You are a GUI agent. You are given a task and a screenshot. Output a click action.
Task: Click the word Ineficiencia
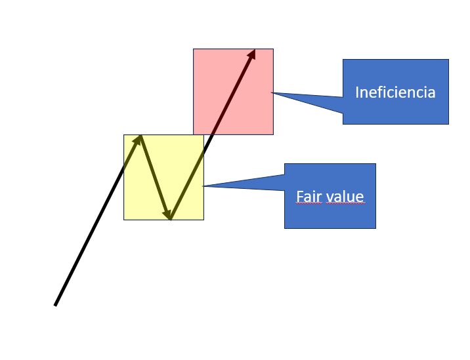[x=395, y=92]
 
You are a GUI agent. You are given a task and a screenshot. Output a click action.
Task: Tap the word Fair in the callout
[x=308, y=197]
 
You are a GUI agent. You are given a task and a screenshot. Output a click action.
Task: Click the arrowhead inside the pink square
[x=251, y=54]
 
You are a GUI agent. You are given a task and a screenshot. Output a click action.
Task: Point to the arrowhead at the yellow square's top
[x=139, y=138]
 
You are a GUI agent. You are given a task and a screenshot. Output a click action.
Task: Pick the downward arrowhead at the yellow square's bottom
[x=169, y=214]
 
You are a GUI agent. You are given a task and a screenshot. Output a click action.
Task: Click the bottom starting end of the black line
[x=55, y=305]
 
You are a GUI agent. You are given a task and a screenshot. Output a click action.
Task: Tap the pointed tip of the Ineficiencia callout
[x=272, y=92]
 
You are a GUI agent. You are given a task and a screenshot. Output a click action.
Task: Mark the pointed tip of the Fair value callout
[x=203, y=186]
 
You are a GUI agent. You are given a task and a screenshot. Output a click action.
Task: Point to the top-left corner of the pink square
[x=194, y=49]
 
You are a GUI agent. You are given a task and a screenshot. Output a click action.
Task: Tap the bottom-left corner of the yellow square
[x=124, y=219]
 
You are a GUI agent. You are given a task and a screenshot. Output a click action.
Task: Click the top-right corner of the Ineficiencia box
[x=448, y=60]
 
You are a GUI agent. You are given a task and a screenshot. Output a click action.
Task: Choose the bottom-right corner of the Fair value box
[x=375, y=228]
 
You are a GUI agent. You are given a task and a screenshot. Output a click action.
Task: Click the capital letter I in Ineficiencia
[x=357, y=92]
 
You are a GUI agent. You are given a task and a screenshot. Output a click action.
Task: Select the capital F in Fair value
[x=300, y=197]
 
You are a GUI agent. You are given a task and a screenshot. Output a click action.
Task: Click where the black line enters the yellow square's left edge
[x=124, y=167]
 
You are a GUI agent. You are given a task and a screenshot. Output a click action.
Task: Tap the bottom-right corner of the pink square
[x=273, y=134]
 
